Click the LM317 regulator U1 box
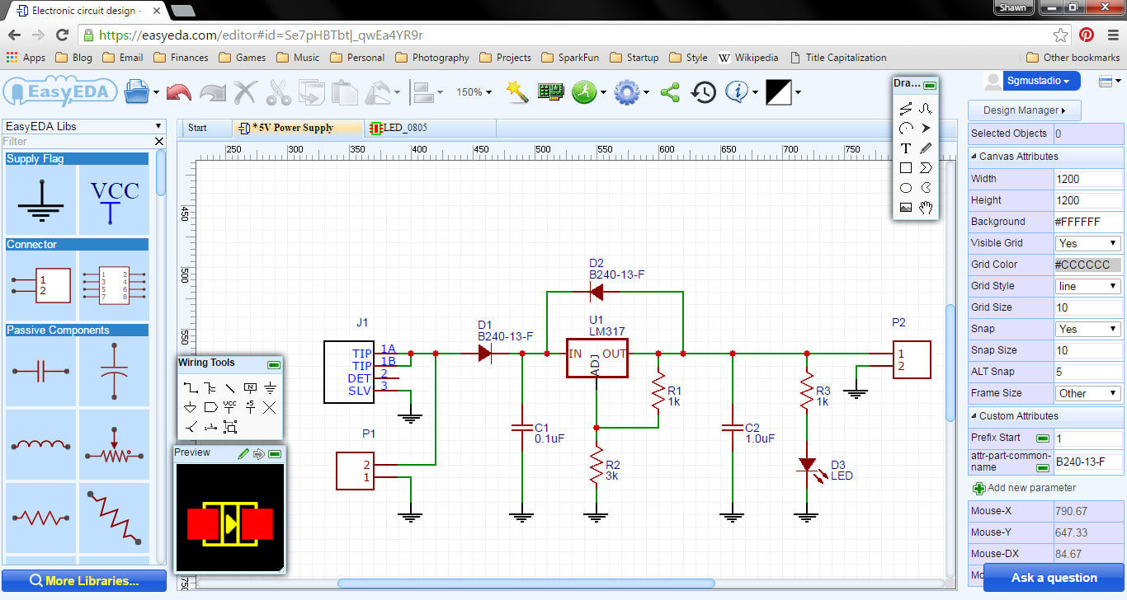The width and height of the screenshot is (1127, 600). [x=597, y=358]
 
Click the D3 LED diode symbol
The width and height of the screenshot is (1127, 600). [x=806, y=466]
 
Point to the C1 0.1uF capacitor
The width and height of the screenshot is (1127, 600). [x=521, y=428]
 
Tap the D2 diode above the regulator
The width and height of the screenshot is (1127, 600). [x=596, y=291]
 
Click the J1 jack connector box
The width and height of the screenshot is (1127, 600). [x=349, y=372]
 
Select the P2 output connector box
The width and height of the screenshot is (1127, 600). [x=912, y=359]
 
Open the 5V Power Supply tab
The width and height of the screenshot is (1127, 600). [x=293, y=128]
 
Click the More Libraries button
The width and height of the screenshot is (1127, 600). [x=83, y=580]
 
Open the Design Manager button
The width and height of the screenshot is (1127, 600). [x=1024, y=110]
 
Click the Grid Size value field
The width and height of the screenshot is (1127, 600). [x=1087, y=307]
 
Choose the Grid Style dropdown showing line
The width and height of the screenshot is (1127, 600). [x=1087, y=286]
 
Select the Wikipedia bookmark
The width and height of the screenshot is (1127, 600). [x=748, y=58]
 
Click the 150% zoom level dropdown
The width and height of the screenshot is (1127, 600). [x=474, y=92]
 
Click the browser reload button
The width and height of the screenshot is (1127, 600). [x=62, y=35]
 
